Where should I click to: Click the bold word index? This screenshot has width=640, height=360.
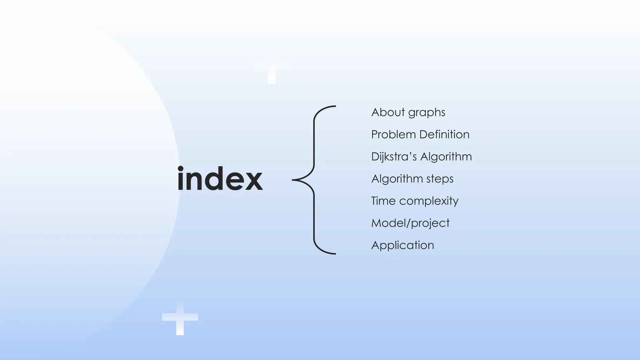coord(220,179)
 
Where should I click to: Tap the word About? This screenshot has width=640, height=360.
coord(388,112)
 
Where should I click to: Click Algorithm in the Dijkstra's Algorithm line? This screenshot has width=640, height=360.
coord(446,157)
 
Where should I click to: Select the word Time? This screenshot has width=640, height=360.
coord(383,201)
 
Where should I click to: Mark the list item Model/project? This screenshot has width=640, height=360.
coord(410,223)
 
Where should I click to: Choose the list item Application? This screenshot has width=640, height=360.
coord(402,245)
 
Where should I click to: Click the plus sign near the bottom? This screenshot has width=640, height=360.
coord(180,318)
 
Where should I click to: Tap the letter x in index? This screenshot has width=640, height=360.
coord(253,182)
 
